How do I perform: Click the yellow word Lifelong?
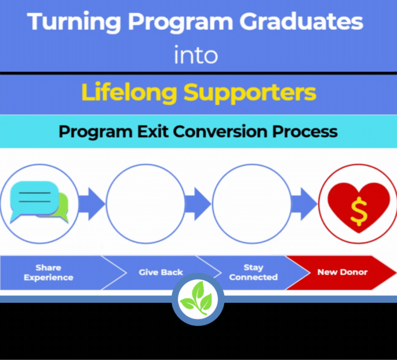129,92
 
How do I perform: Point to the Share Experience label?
49,272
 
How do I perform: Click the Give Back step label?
161,272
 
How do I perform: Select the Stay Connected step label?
253,272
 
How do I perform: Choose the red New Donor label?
342,272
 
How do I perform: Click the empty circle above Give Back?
145,202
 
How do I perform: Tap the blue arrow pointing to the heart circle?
304,202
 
